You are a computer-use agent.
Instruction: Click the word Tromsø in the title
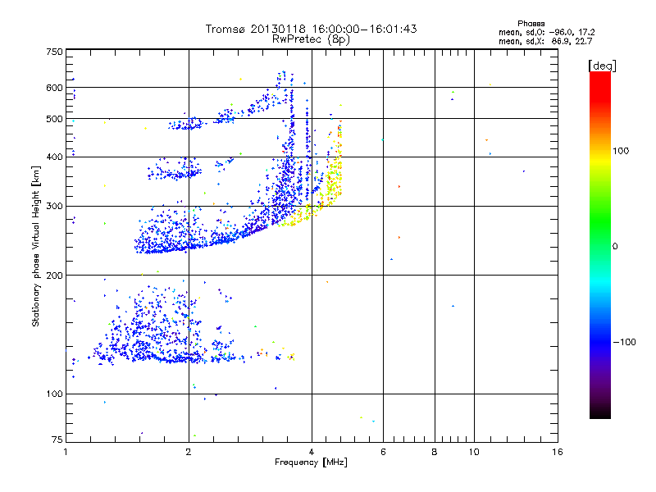225,29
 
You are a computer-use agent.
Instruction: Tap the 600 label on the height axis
55,87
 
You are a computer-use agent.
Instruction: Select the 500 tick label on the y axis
55,118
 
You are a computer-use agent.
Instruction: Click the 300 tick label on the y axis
55,206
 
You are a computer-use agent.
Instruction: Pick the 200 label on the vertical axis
55,275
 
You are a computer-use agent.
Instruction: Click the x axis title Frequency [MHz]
312,463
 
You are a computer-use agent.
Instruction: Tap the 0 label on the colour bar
615,246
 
